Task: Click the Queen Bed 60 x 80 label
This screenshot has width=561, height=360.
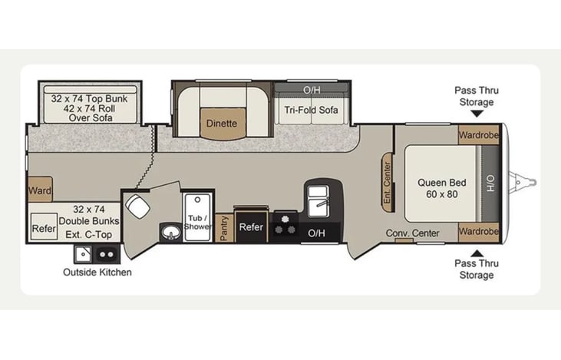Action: click(x=442, y=188)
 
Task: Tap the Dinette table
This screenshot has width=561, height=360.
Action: click(x=223, y=124)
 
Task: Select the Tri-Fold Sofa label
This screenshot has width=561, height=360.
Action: click(x=311, y=110)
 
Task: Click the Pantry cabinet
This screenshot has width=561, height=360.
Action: click(x=224, y=228)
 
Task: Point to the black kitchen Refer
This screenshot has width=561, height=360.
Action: click(x=251, y=226)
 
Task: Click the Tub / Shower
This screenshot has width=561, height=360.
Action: click(x=197, y=217)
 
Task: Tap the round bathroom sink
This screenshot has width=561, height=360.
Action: click(x=170, y=233)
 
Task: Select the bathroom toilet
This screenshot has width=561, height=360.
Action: click(x=137, y=206)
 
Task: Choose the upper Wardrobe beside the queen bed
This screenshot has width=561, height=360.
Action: click(x=478, y=135)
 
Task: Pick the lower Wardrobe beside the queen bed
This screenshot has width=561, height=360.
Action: click(x=478, y=232)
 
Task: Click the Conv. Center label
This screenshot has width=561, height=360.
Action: click(x=413, y=233)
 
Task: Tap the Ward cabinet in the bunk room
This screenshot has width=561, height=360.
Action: click(x=40, y=189)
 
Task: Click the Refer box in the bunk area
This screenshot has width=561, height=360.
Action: click(x=44, y=227)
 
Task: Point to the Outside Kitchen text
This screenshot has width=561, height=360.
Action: click(x=97, y=272)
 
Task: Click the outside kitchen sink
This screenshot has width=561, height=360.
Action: click(x=83, y=254)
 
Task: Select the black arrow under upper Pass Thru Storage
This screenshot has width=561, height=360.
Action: click(x=477, y=114)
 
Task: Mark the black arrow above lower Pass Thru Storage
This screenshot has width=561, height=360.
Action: click(x=477, y=253)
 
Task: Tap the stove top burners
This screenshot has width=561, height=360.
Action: click(x=285, y=226)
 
